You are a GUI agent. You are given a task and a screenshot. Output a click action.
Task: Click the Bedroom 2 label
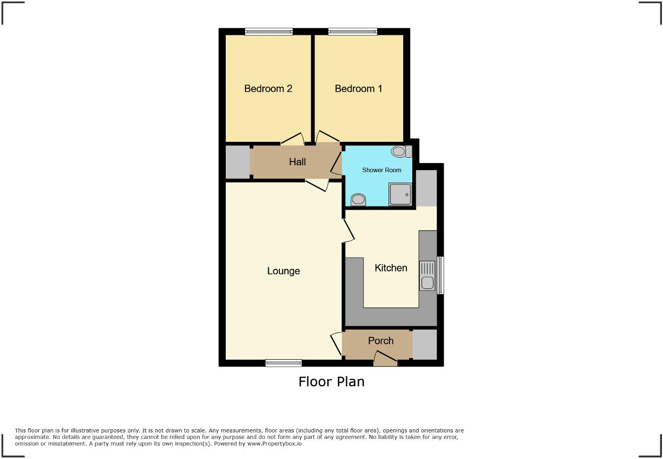pyautogui.click(x=268, y=89)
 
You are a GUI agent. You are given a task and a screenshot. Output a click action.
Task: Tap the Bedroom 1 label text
pyautogui.click(x=358, y=89)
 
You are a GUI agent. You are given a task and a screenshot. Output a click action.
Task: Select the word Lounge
pyautogui.click(x=283, y=271)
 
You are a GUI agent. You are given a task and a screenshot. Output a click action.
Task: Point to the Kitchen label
pyautogui.click(x=390, y=268)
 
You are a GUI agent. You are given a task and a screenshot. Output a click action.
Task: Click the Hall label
pyautogui.click(x=297, y=162)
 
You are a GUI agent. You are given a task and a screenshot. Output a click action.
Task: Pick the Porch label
pyautogui.click(x=380, y=341)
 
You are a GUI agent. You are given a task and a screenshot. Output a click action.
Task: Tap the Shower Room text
pyautogui.click(x=381, y=170)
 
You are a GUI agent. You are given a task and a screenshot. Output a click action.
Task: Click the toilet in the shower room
pyautogui.click(x=401, y=151)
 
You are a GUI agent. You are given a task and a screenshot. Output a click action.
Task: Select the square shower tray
pyautogui.click(x=401, y=194)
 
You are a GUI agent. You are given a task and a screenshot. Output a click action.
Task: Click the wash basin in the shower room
pyautogui.click(x=359, y=200)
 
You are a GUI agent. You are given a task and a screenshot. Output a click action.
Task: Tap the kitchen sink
pyautogui.click(x=427, y=275)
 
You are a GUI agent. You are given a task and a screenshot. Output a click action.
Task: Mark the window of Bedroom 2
pyautogui.click(x=268, y=32)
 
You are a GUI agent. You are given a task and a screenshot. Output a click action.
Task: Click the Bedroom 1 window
pyautogui.click(x=353, y=32)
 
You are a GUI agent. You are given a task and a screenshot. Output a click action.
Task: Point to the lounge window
pyautogui.click(x=283, y=363)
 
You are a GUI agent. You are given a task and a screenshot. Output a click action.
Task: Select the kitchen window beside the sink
pyautogui.click(x=440, y=275)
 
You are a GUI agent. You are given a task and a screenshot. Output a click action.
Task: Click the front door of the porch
pyautogui.click(x=385, y=361)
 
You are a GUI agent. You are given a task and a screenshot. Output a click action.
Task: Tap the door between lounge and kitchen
pyautogui.click(x=348, y=231)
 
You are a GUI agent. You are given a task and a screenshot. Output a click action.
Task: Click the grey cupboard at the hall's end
pyautogui.click(x=237, y=162)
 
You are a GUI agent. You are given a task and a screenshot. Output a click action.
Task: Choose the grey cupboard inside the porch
pyautogui.click(x=424, y=344)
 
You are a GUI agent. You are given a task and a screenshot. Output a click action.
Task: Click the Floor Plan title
pyautogui.click(x=331, y=381)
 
